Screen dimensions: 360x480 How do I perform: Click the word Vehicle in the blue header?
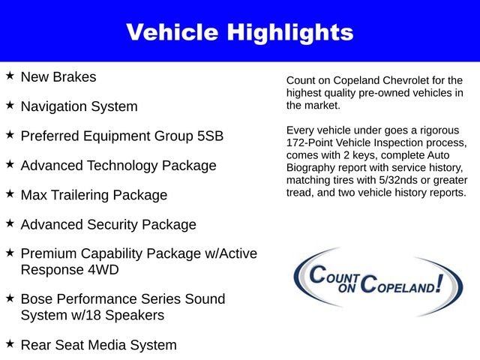pyautogui.click(x=173, y=32)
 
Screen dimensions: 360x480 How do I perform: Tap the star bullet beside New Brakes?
pyautogui.click(x=9, y=76)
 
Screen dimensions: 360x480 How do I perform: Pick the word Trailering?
pyautogui.click(x=82, y=195)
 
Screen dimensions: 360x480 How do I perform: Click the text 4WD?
pyautogui.click(x=103, y=269)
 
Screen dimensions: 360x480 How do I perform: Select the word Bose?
pyautogui.click(x=37, y=298)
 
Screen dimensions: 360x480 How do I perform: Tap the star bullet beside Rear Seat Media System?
pyautogui.click(x=9, y=343)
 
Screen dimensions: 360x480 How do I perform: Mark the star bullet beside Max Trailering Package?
pyautogui.click(x=9, y=194)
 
